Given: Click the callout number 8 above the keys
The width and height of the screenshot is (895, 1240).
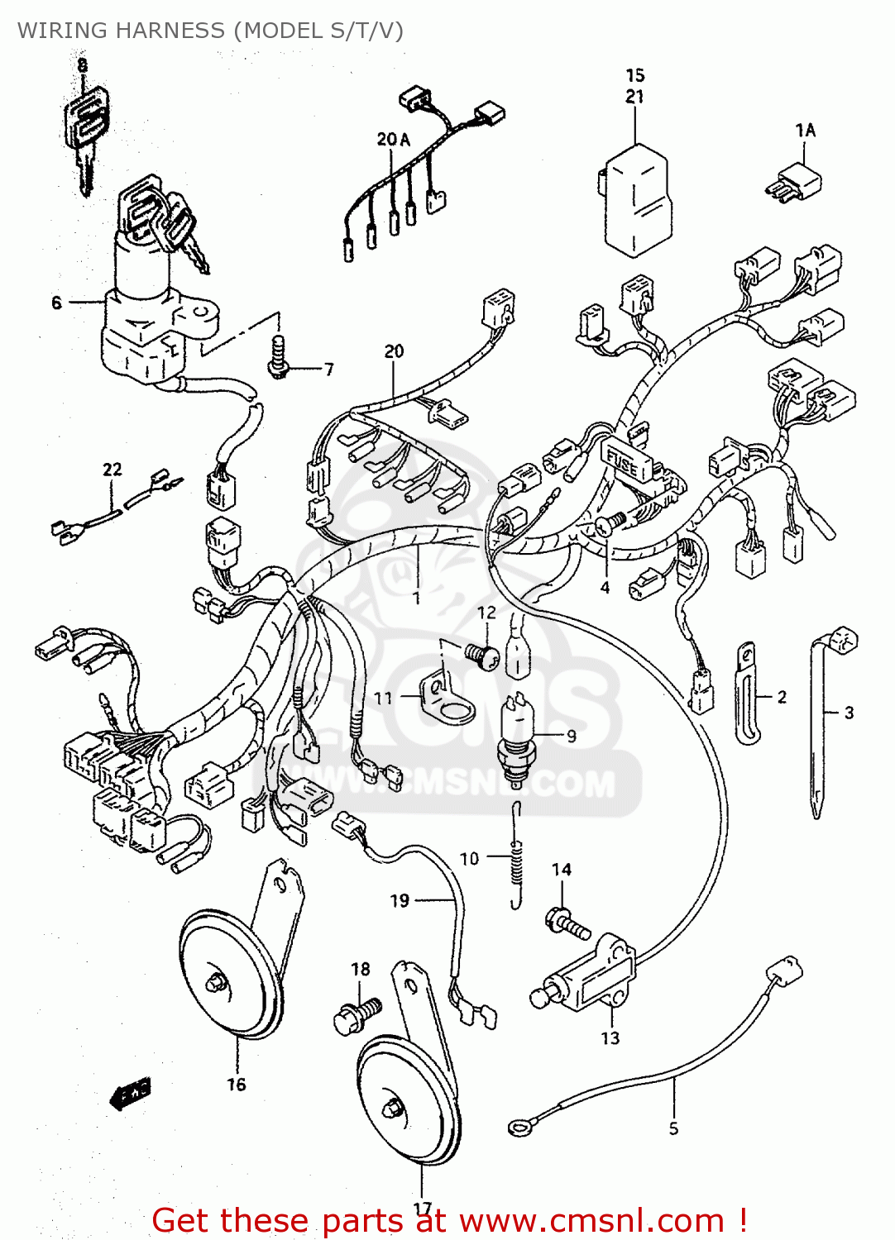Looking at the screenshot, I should pyautogui.click(x=81, y=64).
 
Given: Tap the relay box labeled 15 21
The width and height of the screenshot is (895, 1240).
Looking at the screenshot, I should pyautogui.click(x=635, y=198).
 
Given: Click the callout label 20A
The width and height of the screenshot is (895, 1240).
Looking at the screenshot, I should pyautogui.click(x=393, y=139).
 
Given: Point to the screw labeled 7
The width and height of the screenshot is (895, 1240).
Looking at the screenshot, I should pyautogui.click(x=278, y=357).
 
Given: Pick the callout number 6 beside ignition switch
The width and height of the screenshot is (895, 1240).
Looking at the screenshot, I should pyautogui.click(x=56, y=303).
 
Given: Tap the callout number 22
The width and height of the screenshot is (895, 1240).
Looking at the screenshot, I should pyautogui.click(x=112, y=470).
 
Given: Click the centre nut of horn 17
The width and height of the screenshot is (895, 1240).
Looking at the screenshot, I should pyautogui.click(x=392, y=1106).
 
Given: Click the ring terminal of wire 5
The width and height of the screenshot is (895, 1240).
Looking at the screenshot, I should pyautogui.click(x=519, y=1127).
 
